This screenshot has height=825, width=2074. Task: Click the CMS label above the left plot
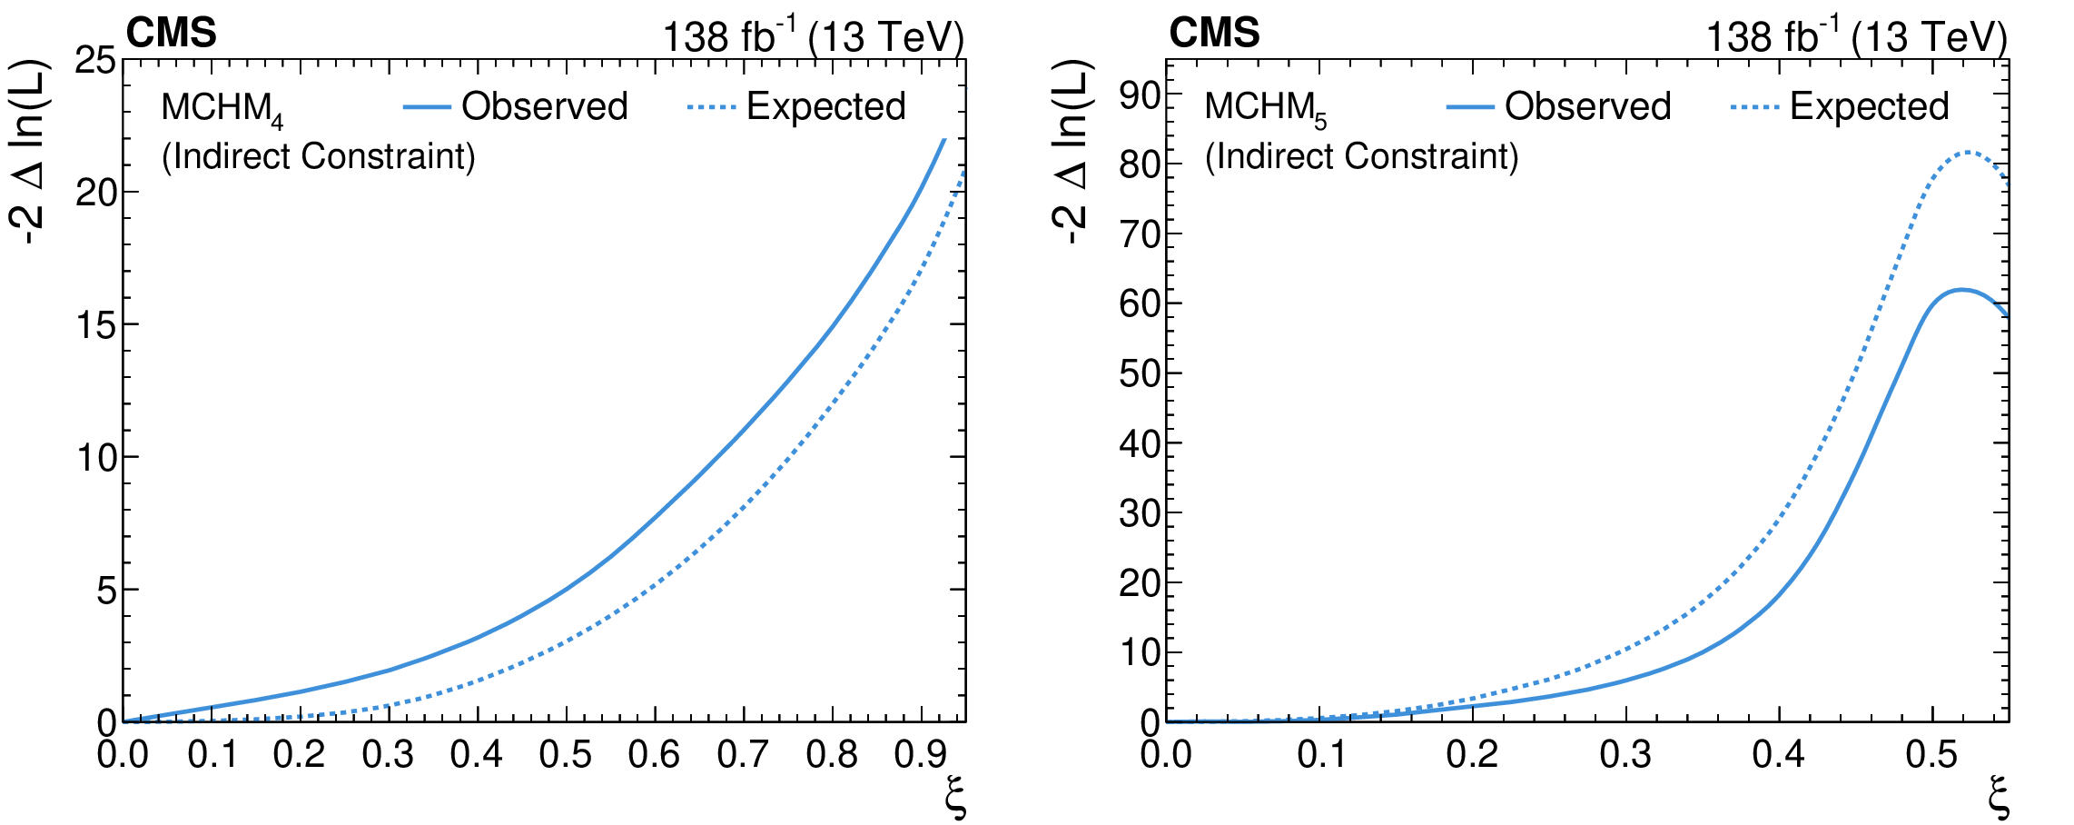pyautogui.click(x=171, y=34)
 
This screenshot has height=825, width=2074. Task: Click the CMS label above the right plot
pyautogui.click(x=1214, y=34)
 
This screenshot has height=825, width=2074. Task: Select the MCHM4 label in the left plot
pyautogui.click(x=222, y=109)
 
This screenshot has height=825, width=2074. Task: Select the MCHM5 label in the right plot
pyautogui.click(x=1265, y=109)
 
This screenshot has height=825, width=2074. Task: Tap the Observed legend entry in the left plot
pyautogui.click(x=543, y=106)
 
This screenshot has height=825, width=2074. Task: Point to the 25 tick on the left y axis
pyautogui.click(x=94, y=62)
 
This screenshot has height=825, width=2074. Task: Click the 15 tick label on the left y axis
pyautogui.click(x=94, y=325)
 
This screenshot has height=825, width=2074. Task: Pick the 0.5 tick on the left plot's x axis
pyautogui.click(x=565, y=754)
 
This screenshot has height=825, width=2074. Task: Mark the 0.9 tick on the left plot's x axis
pyautogui.click(x=920, y=754)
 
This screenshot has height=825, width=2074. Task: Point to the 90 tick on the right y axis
pyautogui.click(x=1139, y=94)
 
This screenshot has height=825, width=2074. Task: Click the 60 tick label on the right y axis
pyautogui.click(x=1139, y=303)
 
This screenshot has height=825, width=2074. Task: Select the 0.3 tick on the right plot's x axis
pyautogui.click(x=1625, y=754)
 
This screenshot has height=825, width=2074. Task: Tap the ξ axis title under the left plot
pyautogui.click(x=955, y=798)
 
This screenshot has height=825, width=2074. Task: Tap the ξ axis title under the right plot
pyautogui.click(x=1999, y=798)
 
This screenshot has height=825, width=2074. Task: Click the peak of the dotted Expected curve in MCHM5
pyautogui.click(x=1967, y=152)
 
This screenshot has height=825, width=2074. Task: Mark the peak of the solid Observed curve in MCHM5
pyautogui.click(x=1961, y=290)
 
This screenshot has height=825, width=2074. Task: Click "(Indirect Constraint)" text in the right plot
pyautogui.click(x=1361, y=156)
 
